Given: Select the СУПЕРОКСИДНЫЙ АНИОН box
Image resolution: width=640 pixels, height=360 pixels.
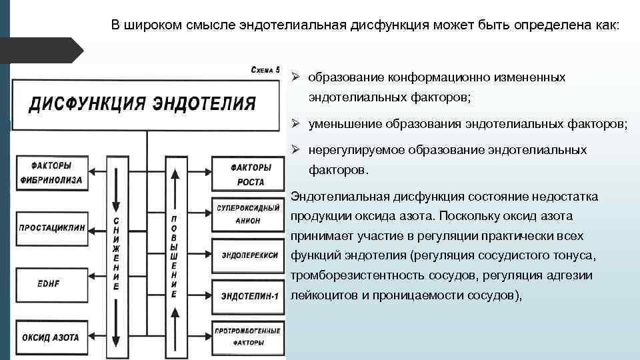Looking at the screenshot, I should pyautogui.click(x=247, y=215).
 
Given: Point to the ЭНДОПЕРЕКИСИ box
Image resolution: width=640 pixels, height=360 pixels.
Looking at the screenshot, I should pyautogui.click(x=247, y=253).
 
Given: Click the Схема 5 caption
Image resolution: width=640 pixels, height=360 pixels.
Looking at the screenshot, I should pyautogui.click(x=265, y=69).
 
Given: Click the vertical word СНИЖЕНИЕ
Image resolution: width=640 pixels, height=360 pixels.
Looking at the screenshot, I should pyautogui.click(x=117, y=254).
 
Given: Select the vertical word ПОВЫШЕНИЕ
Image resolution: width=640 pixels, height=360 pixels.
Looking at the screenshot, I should pyautogui.click(x=175, y=256).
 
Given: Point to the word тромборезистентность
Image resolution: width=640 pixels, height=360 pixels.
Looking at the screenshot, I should pyautogui.click(x=357, y=275).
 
